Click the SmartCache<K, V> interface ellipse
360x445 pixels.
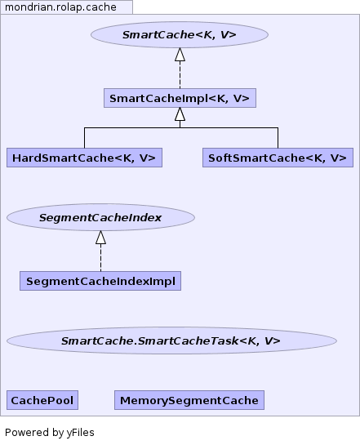180,34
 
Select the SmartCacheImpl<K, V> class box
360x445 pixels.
180,98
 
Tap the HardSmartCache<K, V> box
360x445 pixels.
84,158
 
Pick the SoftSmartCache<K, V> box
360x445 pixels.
278,158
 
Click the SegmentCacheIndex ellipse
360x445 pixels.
100,217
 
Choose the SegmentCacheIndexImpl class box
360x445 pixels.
100,281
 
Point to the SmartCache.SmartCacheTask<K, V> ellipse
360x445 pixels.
171,340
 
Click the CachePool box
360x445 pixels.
42,400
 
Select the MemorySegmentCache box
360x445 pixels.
189,400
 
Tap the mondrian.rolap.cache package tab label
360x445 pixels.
60,7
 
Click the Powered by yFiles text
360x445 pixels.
50,433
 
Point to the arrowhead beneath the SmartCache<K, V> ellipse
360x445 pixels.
180,55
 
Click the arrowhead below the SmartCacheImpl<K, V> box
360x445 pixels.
180,114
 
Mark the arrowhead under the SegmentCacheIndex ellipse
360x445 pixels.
100,238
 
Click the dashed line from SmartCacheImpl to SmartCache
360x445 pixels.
180,75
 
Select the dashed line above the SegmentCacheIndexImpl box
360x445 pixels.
100,258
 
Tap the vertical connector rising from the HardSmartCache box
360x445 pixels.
84,138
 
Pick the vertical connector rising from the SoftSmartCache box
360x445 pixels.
278,138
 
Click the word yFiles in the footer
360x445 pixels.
81,433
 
